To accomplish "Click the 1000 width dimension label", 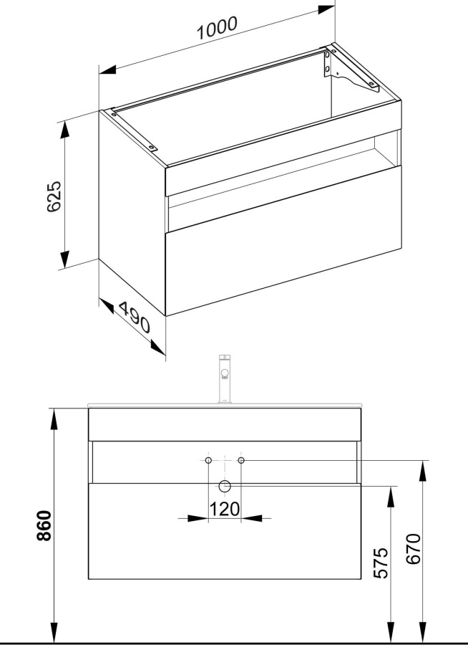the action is click(217, 27).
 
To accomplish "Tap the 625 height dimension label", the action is click(54, 196).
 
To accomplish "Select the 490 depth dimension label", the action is click(135, 317).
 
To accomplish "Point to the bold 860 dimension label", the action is click(44, 525).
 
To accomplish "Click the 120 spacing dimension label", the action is click(225, 510).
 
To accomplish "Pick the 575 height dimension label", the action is click(381, 563).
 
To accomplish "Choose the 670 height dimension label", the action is click(414, 549).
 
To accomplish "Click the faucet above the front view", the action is click(225, 379).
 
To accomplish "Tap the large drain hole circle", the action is click(225, 486).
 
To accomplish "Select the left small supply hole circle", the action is click(208, 460).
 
